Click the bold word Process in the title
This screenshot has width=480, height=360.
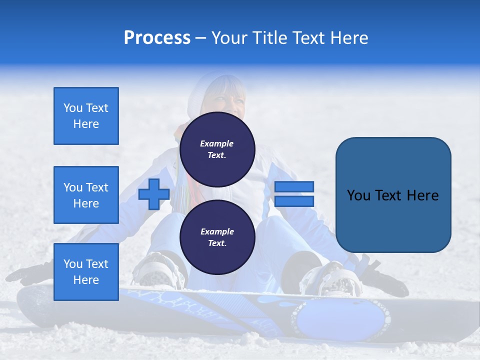tap(157, 38)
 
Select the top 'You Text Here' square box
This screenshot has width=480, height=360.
tap(86, 116)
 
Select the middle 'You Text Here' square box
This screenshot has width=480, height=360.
tap(86, 195)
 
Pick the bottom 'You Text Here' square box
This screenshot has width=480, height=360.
tap(86, 272)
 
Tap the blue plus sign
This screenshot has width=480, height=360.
tap(153, 194)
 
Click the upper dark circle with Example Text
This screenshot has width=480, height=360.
tap(217, 149)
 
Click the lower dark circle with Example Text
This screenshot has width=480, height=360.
tap(217, 237)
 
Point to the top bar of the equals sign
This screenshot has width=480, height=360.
tap(294, 187)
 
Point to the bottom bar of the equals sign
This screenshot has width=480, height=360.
tap(294, 201)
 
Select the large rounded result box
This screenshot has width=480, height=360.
tap(393, 194)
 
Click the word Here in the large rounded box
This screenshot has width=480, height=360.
tap(422, 195)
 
